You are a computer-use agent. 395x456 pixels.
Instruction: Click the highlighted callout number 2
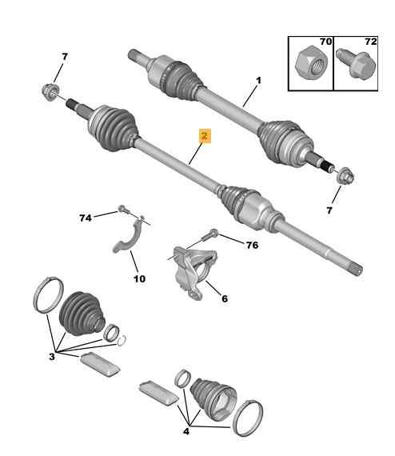(205, 136)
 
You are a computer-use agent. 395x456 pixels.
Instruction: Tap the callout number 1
(258, 80)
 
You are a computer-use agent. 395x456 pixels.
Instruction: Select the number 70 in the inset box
(325, 42)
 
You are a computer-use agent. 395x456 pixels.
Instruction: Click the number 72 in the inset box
(370, 42)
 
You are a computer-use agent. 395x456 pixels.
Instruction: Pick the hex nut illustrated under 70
(311, 63)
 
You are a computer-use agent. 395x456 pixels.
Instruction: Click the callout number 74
(86, 218)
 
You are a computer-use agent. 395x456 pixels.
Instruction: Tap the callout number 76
(252, 245)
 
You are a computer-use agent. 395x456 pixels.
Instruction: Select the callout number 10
(139, 279)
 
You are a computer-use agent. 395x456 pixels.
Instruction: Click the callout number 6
(225, 298)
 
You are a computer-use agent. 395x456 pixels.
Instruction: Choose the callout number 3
(52, 356)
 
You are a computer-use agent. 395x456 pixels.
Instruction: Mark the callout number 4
(186, 431)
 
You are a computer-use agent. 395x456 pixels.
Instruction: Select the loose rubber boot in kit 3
(82, 313)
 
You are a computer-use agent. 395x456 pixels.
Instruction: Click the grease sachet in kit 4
(158, 393)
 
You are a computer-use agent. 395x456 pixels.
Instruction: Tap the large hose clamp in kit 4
(247, 418)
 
